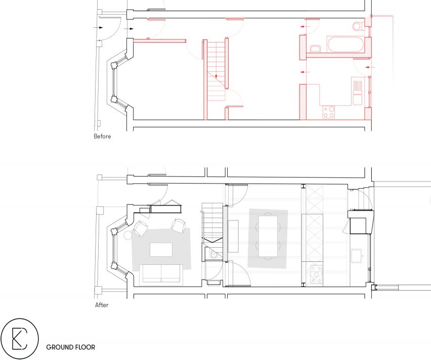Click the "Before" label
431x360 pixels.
[102, 137]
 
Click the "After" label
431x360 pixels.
[102, 305]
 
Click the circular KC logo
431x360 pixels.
[20, 338]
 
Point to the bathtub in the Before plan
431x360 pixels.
[345, 44]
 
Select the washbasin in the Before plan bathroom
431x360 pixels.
[315, 49]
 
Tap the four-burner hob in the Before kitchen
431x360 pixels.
[329, 112]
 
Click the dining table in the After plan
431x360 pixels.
[268, 236]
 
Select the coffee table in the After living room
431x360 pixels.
[161, 250]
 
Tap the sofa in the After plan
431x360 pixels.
[161, 274]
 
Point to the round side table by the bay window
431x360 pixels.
[128, 235]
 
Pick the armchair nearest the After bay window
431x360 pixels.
[141, 229]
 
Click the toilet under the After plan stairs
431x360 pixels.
[213, 255]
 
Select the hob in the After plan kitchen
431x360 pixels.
[316, 274]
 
